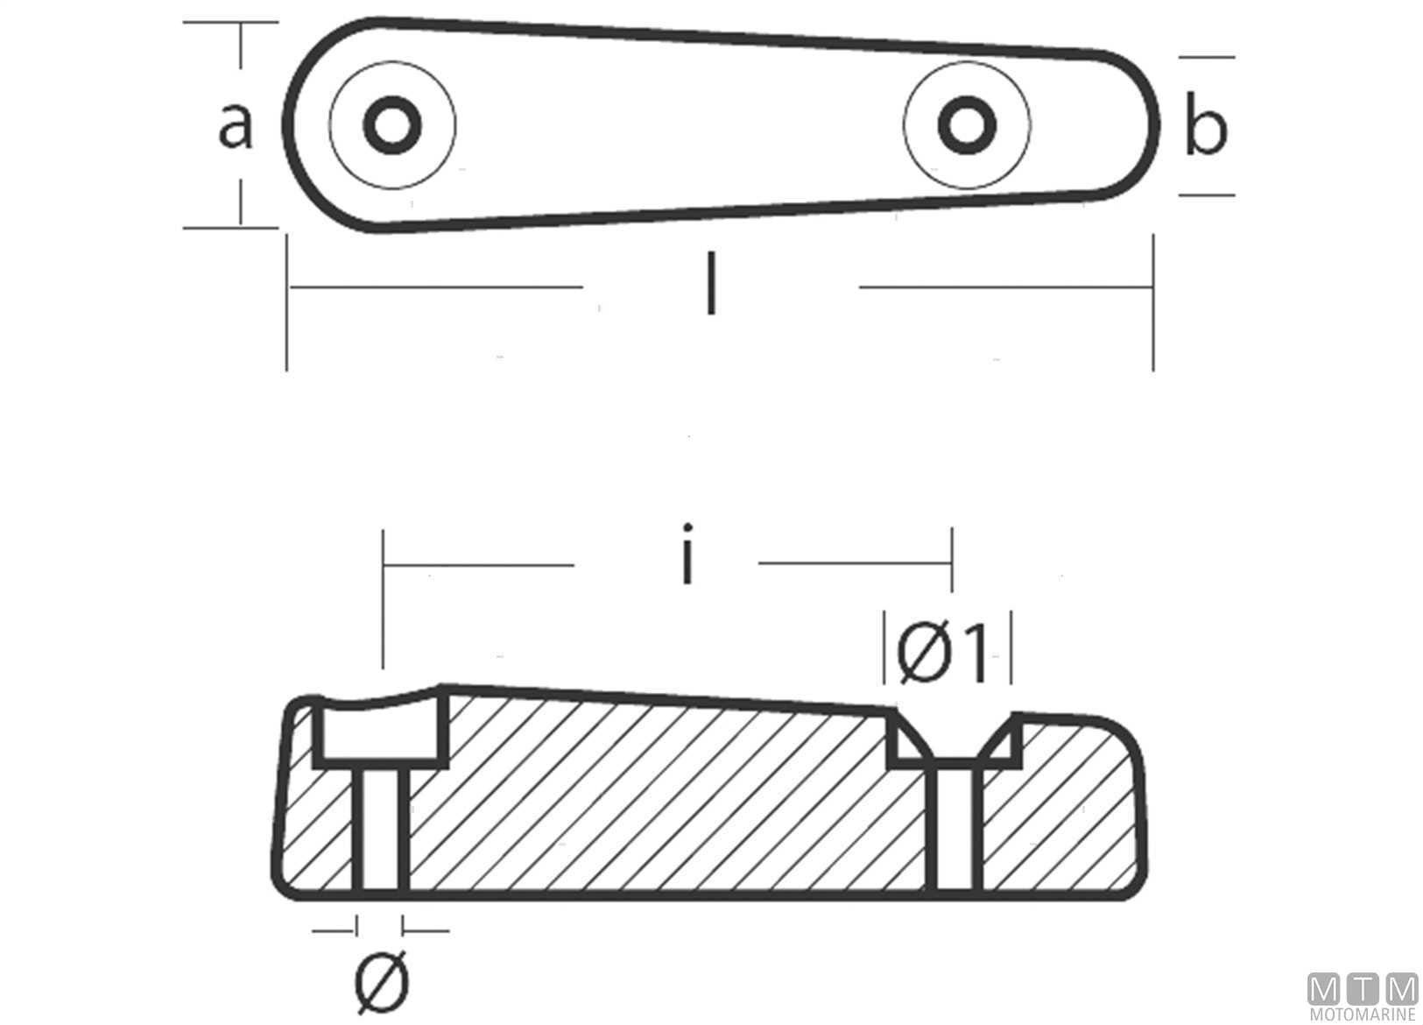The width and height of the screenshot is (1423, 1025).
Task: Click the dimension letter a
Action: coord(235,127)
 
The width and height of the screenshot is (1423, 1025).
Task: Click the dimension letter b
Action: coord(1206,128)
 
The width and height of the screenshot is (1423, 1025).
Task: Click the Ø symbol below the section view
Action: coord(382,981)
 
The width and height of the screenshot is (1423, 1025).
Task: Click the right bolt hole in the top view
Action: coord(966,124)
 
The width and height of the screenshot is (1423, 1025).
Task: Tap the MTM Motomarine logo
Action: coord(1363,996)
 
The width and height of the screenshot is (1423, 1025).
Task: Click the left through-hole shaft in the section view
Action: coord(380,829)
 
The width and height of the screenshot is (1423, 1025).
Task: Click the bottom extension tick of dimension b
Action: coord(1206,194)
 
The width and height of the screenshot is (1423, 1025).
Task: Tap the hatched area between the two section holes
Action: coord(666,797)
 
